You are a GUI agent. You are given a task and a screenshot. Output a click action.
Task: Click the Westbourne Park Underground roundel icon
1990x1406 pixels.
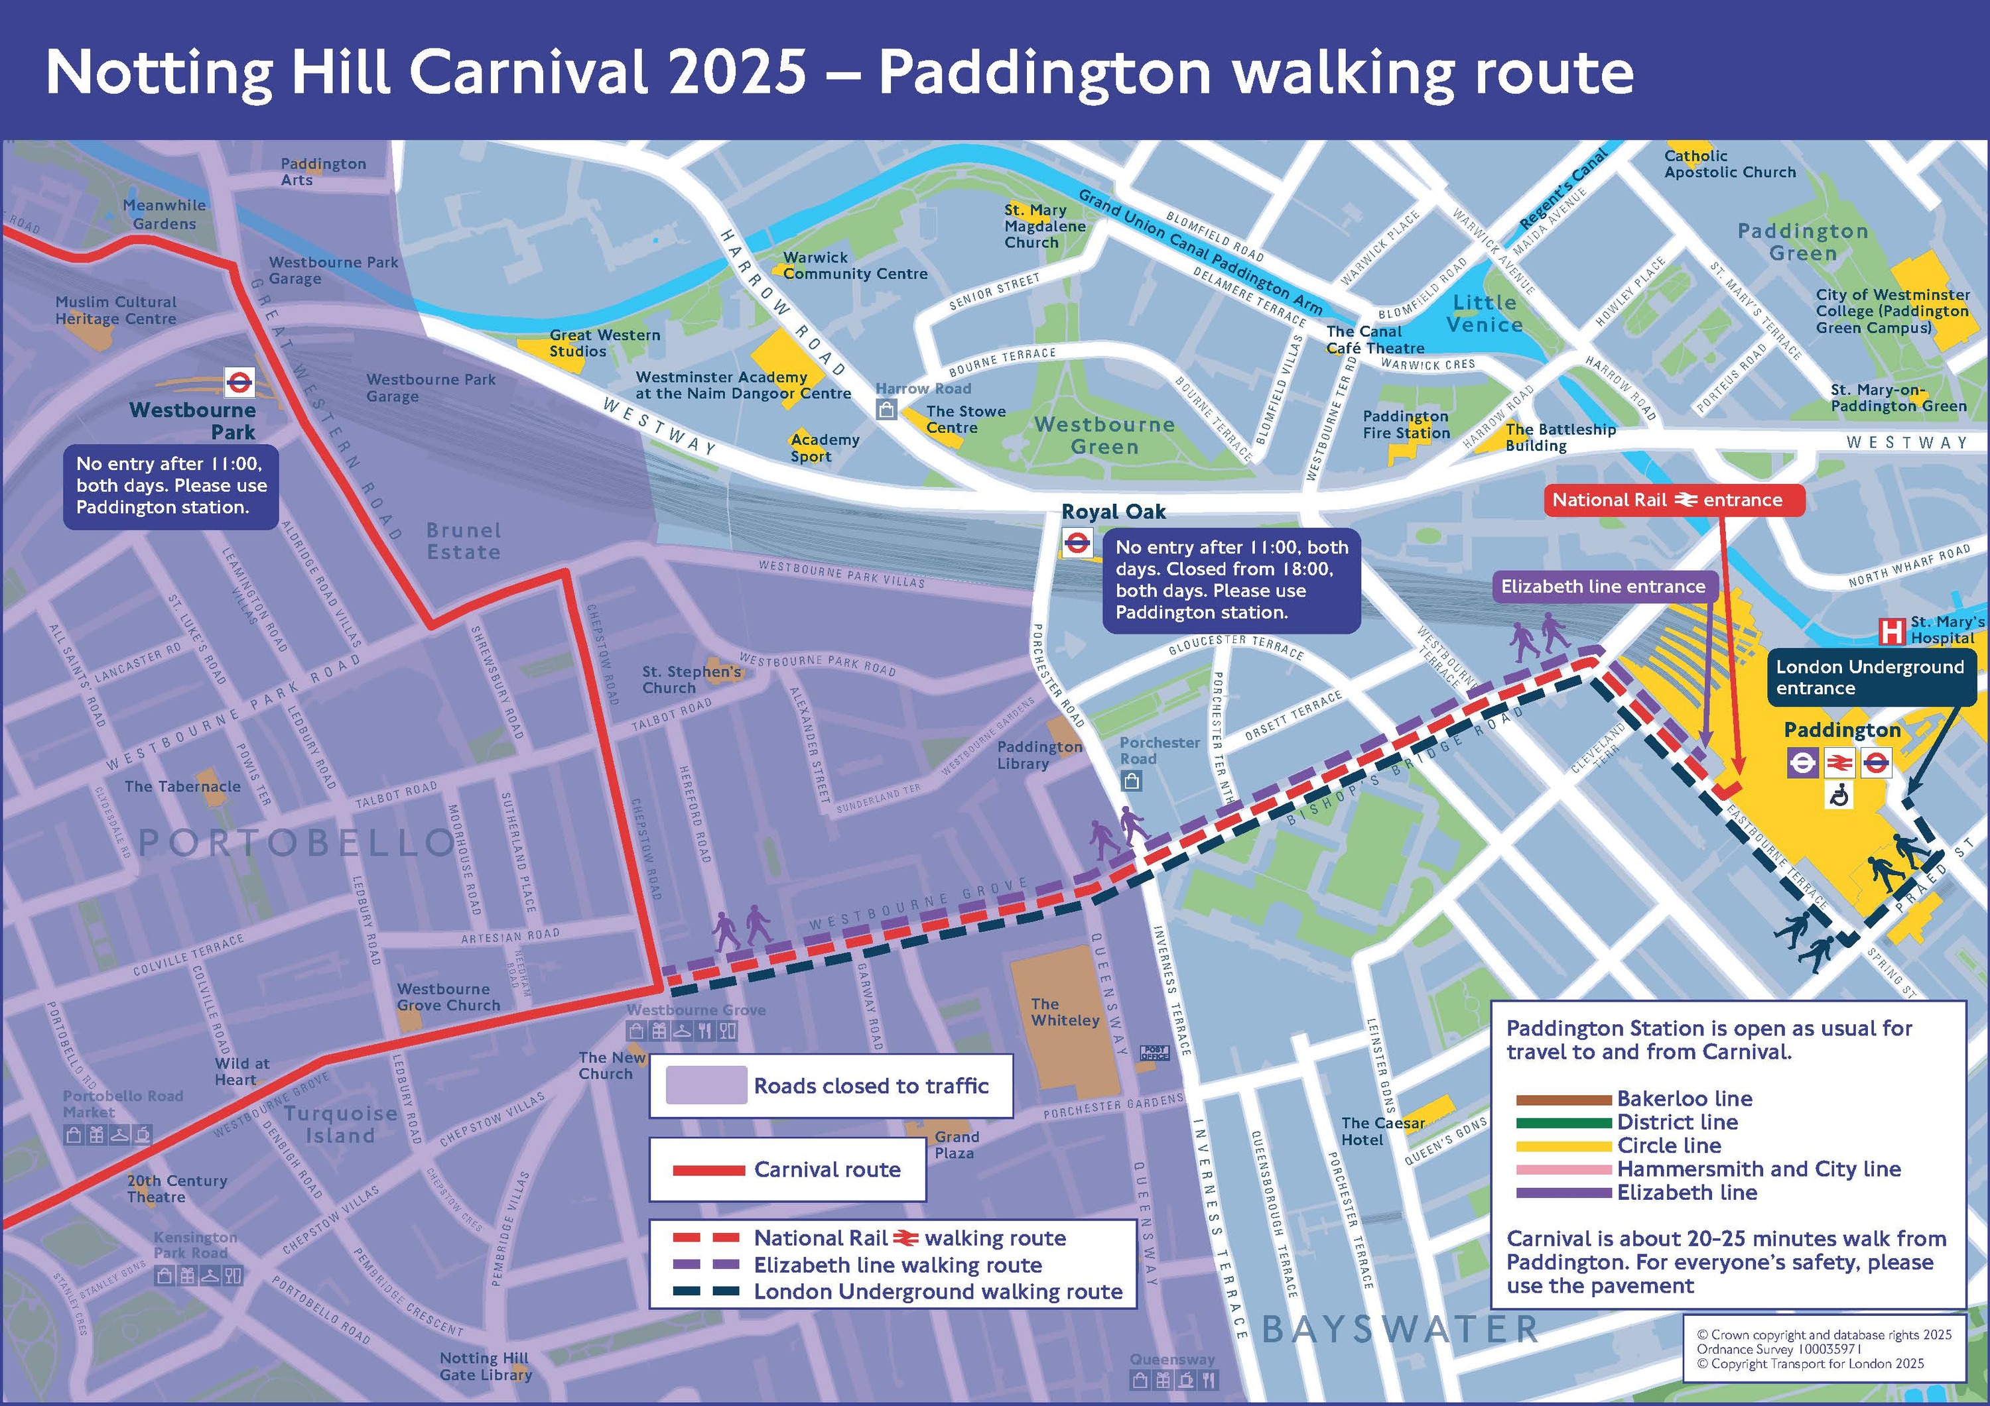click(x=238, y=381)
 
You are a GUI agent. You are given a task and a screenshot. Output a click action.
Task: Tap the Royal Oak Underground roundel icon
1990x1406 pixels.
click(x=1077, y=544)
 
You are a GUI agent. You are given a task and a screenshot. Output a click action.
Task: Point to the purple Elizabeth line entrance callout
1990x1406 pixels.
click(x=1603, y=587)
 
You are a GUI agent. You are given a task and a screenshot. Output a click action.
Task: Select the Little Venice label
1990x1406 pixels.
click(x=1484, y=314)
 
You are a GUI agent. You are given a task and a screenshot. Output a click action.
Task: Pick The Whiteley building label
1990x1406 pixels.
click(x=1065, y=1012)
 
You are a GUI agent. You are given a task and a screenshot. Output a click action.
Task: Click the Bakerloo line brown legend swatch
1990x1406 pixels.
click(x=1563, y=1099)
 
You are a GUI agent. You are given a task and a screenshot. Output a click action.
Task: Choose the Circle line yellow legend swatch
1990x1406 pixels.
click(x=1563, y=1146)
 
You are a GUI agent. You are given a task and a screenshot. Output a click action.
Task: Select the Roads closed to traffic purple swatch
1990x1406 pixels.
click(x=706, y=1084)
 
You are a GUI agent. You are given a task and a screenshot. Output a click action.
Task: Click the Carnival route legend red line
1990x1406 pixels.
click(x=708, y=1171)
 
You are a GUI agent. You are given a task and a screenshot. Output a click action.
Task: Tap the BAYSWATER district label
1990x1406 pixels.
click(x=1399, y=1328)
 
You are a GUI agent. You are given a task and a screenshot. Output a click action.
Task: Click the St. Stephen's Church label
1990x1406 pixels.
click(x=691, y=679)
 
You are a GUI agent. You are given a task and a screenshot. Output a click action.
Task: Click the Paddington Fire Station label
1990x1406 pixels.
click(x=1405, y=424)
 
